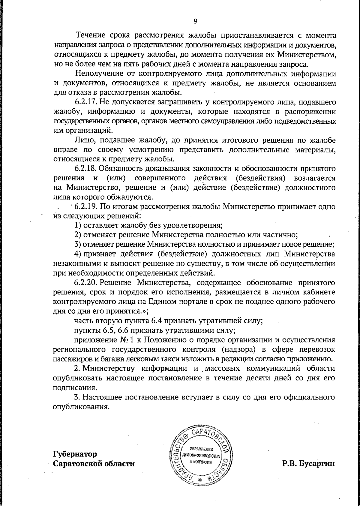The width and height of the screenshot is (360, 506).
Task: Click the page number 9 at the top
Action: (x=195, y=21)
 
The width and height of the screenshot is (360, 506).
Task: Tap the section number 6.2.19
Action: (x=85, y=206)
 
